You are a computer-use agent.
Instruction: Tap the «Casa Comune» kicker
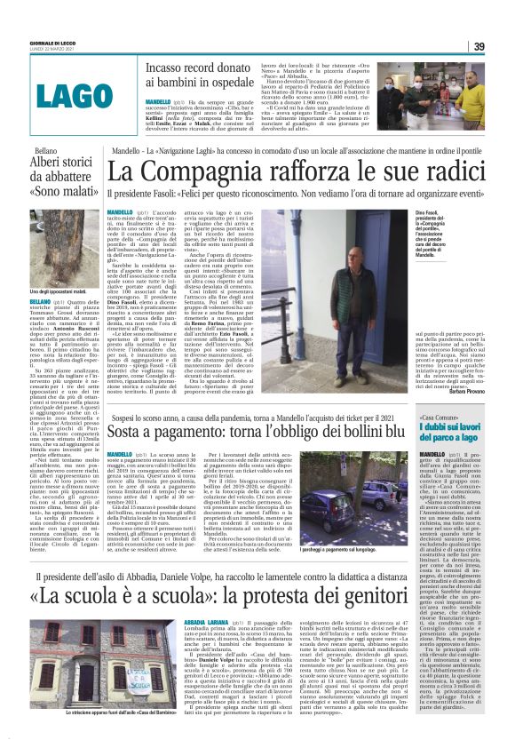434,392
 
